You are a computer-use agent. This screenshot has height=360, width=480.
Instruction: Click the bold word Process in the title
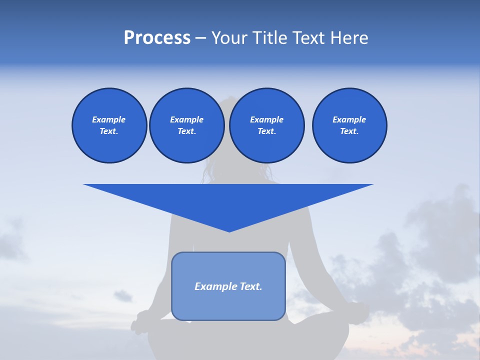pos(157,38)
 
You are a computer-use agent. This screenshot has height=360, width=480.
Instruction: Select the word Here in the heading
pos(348,38)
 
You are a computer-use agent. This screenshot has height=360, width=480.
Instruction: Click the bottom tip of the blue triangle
pos(229,230)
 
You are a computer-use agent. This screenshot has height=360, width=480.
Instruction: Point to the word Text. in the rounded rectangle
pos(249,286)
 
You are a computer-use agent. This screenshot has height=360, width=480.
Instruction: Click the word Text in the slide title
pos(308,38)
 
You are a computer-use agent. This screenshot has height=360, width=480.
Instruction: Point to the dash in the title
pos(200,38)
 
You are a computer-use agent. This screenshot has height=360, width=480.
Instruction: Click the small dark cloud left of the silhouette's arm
pos(122,295)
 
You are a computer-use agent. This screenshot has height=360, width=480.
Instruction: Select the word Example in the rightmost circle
pos(349,119)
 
